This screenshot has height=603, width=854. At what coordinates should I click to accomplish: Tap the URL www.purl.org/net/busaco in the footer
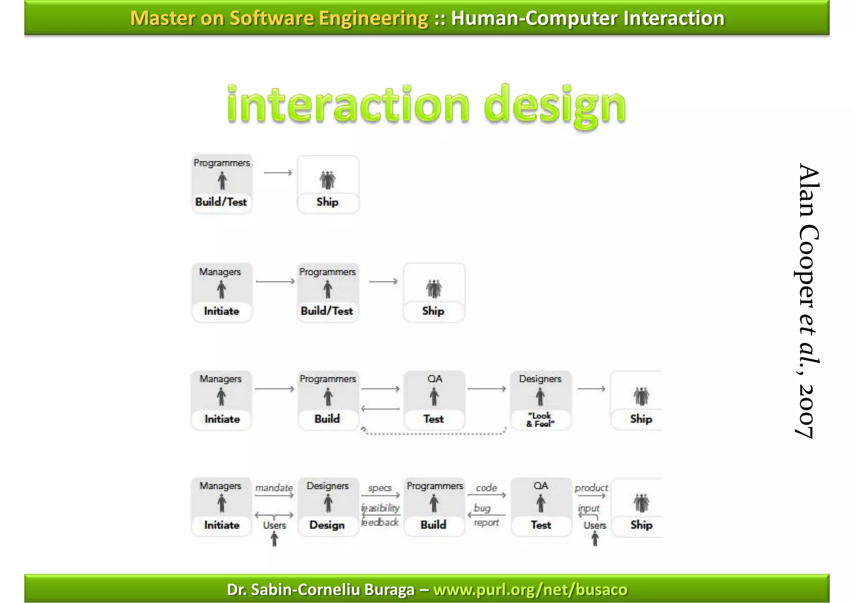tap(530, 589)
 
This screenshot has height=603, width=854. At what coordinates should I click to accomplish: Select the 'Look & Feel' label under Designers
tap(540, 419)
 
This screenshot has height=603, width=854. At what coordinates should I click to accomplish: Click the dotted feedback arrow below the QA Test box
tap(434, 433)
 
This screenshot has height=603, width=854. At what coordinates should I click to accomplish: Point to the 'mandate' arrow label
tap(274, 488)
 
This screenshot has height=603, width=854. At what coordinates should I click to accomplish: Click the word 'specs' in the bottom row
tap(380, 488)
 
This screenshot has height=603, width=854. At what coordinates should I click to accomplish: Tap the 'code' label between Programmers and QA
tap(486, 488)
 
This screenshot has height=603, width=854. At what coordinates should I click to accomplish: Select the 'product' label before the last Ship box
tap(591, 488)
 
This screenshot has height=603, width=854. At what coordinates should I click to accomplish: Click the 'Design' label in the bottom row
tap(327, 525)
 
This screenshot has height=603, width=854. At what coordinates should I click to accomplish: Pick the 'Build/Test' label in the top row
tap(221, 202)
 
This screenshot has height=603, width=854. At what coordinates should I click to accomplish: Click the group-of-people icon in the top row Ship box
tap(328, 180)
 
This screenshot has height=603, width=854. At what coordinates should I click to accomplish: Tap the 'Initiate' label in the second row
tap(221, 311)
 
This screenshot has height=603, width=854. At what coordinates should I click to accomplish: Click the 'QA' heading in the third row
tap(435, 379)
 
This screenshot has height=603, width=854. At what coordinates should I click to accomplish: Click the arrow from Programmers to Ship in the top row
tap(278, 173)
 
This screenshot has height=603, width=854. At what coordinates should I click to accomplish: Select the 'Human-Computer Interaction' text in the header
tap(588, 18)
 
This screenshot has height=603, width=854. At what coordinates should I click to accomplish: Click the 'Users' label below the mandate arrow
tap(274, 525)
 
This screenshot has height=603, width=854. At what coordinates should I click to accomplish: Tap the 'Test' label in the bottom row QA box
tap(541, 525)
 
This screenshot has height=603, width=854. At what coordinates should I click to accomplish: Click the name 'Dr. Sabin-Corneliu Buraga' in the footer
tap(321, 589)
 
